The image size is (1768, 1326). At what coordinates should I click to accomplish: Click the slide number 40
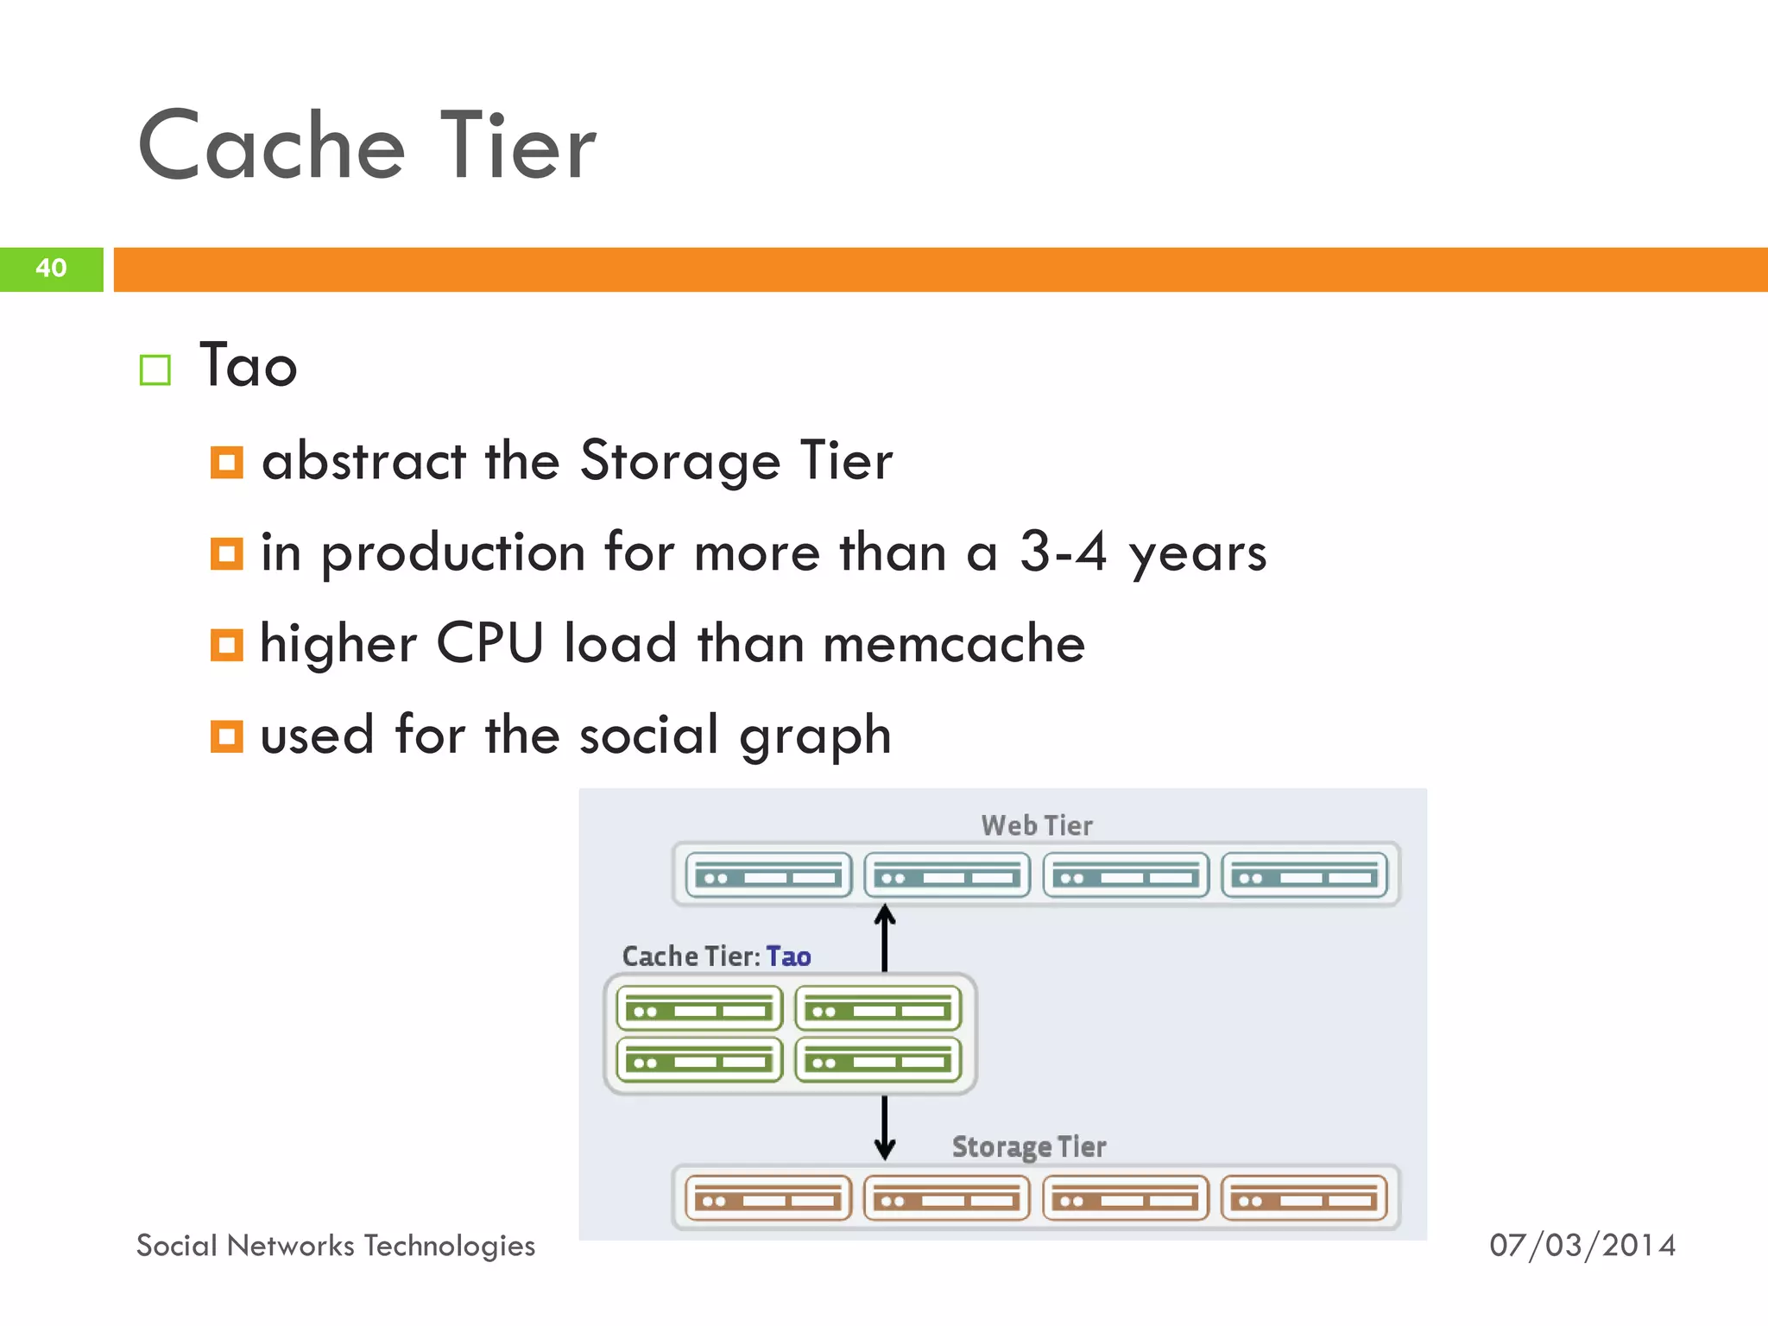point(51,268)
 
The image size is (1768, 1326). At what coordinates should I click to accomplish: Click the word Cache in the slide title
point(271,146)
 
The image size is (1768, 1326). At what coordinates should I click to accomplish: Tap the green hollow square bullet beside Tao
point(155,369)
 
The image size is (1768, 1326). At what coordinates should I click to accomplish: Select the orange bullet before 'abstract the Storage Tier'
point(226,462)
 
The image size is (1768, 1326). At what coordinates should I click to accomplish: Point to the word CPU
point(489,643)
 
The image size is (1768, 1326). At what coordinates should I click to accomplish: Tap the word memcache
point(954,643)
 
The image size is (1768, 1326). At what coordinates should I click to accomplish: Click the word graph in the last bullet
point(815,736)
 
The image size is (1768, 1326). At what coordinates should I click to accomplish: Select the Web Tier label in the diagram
point(1037,825)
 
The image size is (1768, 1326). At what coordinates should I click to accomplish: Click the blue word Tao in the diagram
point(788,957)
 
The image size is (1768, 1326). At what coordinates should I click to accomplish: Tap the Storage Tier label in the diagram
point(1029,1146)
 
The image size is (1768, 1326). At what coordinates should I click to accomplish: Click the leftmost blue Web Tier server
point(768,875)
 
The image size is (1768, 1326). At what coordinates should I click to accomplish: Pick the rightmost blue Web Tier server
point(1304,875)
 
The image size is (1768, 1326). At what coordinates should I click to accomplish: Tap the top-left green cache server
point(699,1008)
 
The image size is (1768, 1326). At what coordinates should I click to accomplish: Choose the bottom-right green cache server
point(878,1060)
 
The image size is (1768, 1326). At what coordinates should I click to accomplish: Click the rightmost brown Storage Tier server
point(1304,1198)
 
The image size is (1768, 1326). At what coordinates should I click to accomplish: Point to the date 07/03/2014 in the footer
point(1582,1245)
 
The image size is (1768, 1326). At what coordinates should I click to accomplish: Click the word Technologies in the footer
point(449,1246)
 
